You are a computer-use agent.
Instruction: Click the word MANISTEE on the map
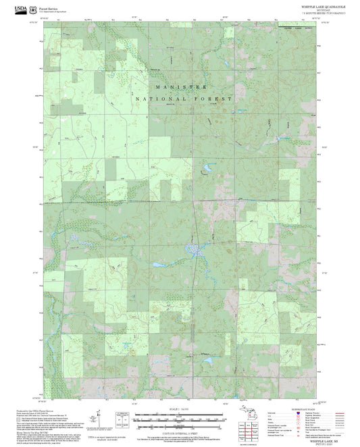[180, 88]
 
